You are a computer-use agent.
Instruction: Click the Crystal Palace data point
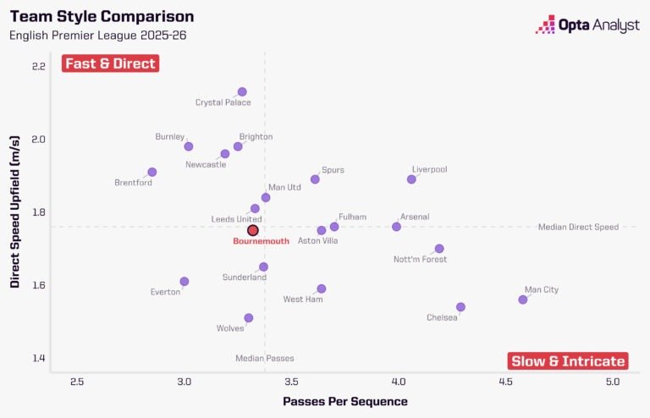(x=242, y=91)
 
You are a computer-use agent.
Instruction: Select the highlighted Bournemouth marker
(x=252, y=230)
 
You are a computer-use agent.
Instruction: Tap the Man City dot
(x=523, y=300)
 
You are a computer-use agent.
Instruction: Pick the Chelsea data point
(x=460, y=307)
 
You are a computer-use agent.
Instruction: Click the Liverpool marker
(x=411, y=179)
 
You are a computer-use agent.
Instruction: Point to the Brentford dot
(x=152, y=173)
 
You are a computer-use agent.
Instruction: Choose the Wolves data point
(x=249, y=318)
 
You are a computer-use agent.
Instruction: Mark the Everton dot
(x=185, y=281)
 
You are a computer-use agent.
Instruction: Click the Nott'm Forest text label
(x=420, y=260)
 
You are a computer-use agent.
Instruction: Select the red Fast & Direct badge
(x=110, y=63)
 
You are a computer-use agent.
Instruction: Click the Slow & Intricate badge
(x=568, y=361)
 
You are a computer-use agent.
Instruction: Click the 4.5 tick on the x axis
(x=506, y=382)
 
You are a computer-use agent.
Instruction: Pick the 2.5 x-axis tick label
(x=77, y=382)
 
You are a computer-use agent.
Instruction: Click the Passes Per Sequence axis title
(x=345, y=401)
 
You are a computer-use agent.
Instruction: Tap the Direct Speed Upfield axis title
(x=15, y=217)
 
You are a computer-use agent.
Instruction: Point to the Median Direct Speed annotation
(x=578, y=227)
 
